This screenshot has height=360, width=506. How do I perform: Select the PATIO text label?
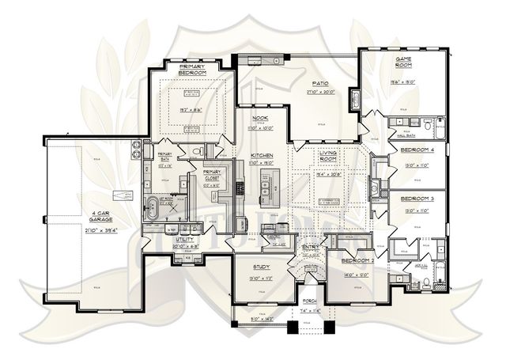click(319, 83)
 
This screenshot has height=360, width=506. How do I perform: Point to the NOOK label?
click(260, 118)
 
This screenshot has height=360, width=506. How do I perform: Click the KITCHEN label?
click(262, 155)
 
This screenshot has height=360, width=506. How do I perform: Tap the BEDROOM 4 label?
click(417, 149)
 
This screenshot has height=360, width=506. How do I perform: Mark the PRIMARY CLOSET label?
click(212, 174)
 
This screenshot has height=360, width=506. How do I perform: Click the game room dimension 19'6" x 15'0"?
click(407, 81)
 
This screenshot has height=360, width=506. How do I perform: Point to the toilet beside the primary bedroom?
click(199, 150)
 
